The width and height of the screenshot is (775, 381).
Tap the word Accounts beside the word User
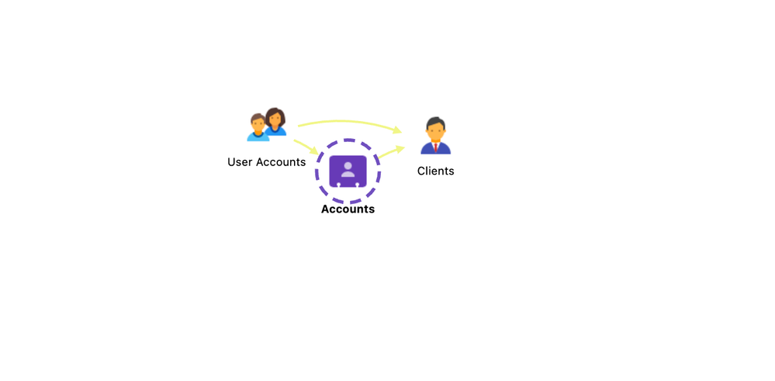[280, 162]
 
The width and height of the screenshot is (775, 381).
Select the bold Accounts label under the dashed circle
[348, 209]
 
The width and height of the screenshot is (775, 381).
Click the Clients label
[435, 171]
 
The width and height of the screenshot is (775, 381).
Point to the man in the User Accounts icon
[258, 127]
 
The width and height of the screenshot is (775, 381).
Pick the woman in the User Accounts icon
[275, 122]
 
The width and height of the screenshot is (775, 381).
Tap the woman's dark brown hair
[275, 115]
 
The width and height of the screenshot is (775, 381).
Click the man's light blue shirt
[258, 137]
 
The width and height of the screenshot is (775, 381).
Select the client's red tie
[435, 147]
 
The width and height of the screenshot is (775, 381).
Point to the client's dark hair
[435, 122]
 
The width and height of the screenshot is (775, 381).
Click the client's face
[435, 132]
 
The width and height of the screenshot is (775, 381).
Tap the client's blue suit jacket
[435, 148]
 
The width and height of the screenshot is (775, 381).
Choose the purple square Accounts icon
[348, 171]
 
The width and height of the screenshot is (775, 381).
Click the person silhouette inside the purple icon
[348, 169]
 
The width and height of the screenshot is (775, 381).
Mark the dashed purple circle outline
[348, 171]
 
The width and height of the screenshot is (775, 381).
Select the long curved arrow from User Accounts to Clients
[350, 122]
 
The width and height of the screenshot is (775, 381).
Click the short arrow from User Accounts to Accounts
[306, 147]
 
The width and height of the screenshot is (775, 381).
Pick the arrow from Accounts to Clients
[392, 152]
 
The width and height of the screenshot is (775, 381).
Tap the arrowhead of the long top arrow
[397, 130]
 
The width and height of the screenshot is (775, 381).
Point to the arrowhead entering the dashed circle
[314, 150]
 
